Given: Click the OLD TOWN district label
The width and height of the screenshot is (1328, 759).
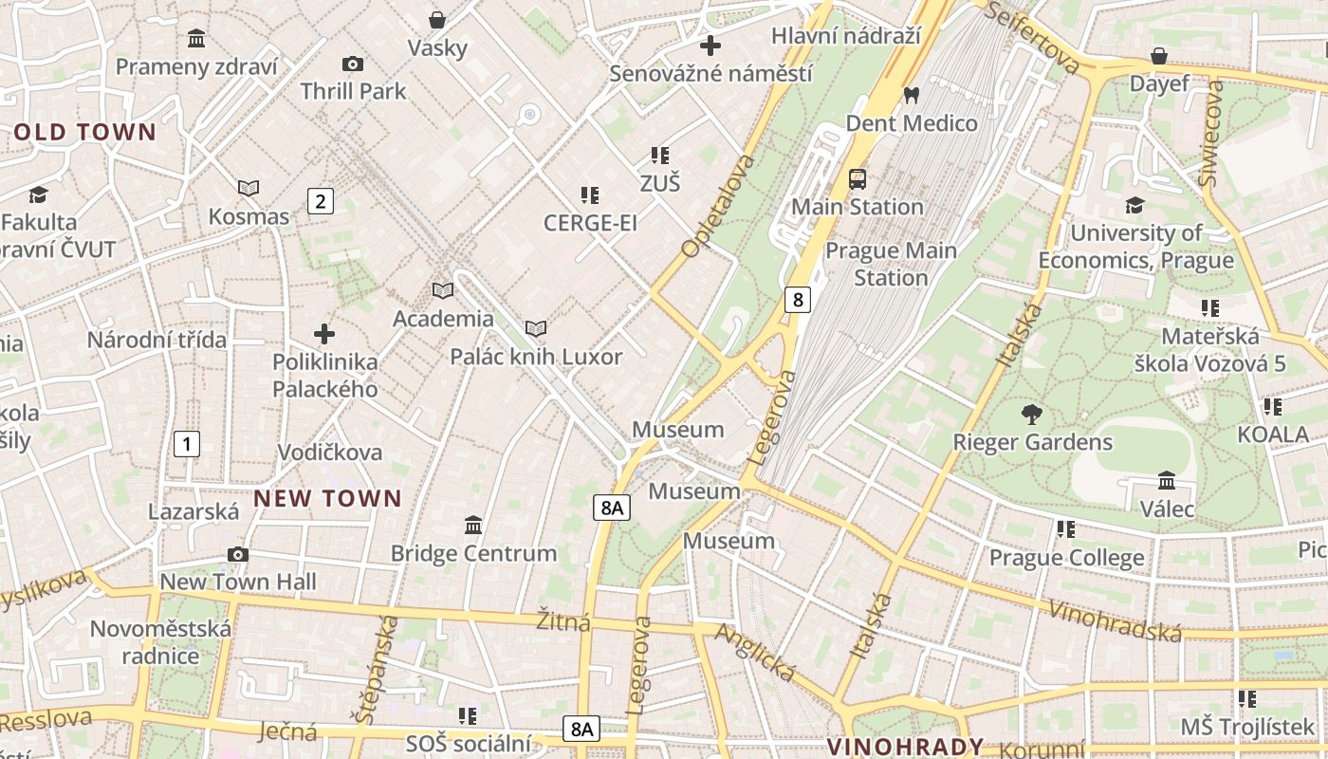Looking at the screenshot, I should (x=84, y=132).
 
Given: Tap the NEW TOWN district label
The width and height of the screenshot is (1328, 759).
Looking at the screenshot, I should (x=328, y=498).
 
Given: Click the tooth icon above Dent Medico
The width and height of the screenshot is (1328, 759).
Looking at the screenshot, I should (x=912, y=95).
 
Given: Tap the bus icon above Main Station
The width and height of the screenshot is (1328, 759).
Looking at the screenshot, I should (x=858, y=178).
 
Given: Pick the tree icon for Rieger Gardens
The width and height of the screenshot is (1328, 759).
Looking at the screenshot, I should (x=1032, y=415).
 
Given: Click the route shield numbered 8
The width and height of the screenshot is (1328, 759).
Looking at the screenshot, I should (x=798, y=300).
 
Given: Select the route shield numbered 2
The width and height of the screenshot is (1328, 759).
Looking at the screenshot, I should (x=321, y=200).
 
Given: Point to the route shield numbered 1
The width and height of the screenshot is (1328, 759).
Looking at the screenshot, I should (x=187, y=442).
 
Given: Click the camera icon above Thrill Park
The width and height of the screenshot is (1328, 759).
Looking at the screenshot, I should (x=353, y=64).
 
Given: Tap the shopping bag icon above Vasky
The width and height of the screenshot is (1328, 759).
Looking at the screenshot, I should (x=437, y=20).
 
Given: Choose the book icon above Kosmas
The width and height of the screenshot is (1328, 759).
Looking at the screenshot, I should (x=249, y=189).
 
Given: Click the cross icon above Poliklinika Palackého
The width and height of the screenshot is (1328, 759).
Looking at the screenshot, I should (x=324, y=334).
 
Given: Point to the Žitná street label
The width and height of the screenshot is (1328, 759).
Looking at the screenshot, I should (x=563, y=621).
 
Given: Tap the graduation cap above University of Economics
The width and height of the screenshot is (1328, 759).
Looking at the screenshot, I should (x=1134, y=205).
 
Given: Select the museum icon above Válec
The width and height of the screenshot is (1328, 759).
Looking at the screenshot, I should (x=1167, y=481).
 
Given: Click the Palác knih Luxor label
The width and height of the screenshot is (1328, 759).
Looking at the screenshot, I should (x=536, y=357).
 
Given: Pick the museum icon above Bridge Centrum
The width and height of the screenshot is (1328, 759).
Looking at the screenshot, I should (x=473, y=525).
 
